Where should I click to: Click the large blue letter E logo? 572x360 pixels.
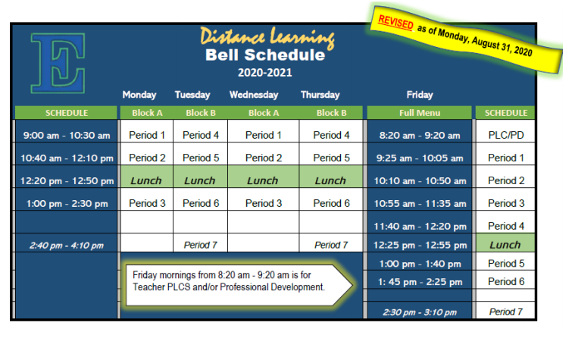(x=58, y=63)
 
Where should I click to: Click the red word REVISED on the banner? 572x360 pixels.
(x=395, y=23)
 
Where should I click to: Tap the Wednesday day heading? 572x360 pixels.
(x=254, y=95)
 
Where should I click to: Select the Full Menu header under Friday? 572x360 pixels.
(x=420, y=113)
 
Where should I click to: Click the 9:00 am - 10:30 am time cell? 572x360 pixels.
(x=67, y=136)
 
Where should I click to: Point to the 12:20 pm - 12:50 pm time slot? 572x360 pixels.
(x=67, y=180)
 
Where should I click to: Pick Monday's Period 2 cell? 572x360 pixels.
(x=147, y=158)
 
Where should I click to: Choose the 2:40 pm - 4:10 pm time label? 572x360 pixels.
(x=67, y=246)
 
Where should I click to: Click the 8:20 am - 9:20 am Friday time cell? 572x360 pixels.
(x=420, y=136)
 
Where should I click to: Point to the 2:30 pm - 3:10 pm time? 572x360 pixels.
(x=420, y=312)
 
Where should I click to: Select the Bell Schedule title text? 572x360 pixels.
(x=265, y=55)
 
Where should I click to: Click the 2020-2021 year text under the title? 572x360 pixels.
(x=265, y=73)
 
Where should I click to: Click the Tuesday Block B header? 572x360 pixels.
(x=201, y=113)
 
